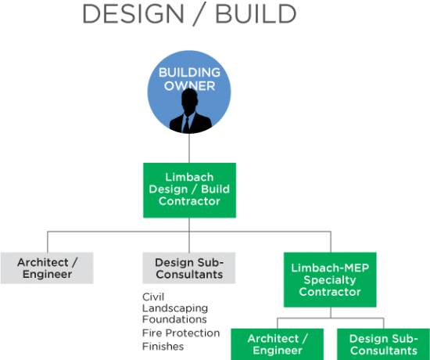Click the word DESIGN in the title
[x=133, y=14]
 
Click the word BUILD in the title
[x=256, y=14]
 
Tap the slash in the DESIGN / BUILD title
[x=199, y=14]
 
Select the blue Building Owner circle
[x=189, y=92]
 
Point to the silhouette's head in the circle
[x=189, y=99]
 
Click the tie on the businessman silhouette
[x=187, y=125]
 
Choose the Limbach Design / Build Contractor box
[x=189, y=190]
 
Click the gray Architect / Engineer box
[x=47, y=268]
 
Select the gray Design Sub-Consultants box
[x=189, y=268]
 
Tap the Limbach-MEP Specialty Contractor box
[x=330, y=279]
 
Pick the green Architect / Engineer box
[x=278, y=344]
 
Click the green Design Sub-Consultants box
[x=383, y=344]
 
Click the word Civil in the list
[x=153, y=297]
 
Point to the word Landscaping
[x=175, y=308]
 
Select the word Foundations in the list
[x=174, y=319]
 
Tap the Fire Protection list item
[x=181, y=333]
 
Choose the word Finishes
[x=163, y=346]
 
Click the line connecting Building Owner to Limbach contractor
[x=189, y=148]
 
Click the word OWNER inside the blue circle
[x=189, y=85]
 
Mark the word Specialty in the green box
[x=330, y=280]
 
